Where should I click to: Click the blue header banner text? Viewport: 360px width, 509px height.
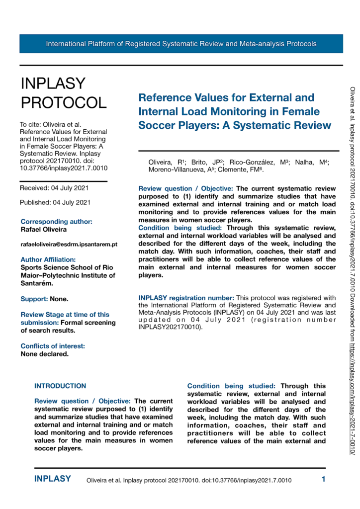181,44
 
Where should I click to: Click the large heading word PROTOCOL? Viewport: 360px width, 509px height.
63,102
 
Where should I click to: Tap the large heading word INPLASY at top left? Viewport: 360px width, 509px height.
53,83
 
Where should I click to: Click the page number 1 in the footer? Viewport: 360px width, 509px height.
323,480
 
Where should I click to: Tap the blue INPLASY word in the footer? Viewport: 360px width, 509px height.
52,479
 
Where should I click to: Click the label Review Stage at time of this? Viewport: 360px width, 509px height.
65,315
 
